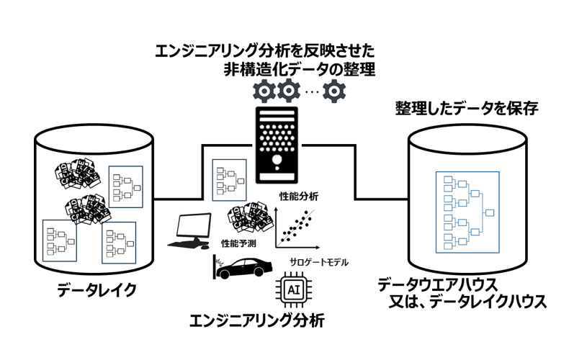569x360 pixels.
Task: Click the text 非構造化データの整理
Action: point(300,71)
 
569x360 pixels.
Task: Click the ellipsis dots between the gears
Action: point(311,91)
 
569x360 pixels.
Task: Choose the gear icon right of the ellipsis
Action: point(335,91)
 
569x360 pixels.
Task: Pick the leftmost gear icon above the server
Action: point(263,91)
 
